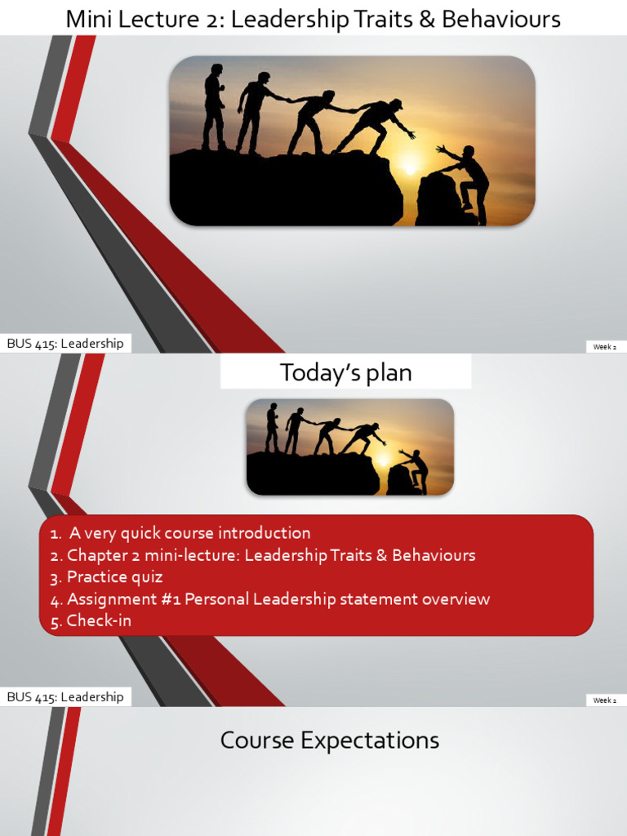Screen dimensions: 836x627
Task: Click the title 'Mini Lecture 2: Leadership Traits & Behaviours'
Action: pos(313,19)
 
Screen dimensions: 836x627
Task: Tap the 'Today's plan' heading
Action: pos(345,373)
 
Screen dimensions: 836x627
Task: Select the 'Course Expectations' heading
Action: pos(329,740)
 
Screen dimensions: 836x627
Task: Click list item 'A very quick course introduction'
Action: pos(189,533)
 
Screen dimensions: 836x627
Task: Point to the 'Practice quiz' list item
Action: pos(114,577)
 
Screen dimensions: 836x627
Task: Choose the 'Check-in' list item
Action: pos(98,620)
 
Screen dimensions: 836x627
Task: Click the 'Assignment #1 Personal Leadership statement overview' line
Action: pos(278,599)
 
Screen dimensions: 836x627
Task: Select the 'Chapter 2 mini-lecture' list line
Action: pos(270,555)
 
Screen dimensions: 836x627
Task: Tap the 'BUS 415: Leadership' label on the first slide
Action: pos(65,344)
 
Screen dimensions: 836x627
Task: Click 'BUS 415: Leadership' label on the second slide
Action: pos(65,697)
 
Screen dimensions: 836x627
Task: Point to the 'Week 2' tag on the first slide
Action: pos(604,347)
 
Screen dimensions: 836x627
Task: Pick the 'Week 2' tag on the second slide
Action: pos(604,700)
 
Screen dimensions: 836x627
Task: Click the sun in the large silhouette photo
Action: pos(410,167)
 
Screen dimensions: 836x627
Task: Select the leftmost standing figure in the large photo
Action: pos(214,106)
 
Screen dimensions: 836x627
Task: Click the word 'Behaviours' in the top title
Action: pos(501,19)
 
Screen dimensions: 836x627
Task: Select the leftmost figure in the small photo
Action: pos(272,426)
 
